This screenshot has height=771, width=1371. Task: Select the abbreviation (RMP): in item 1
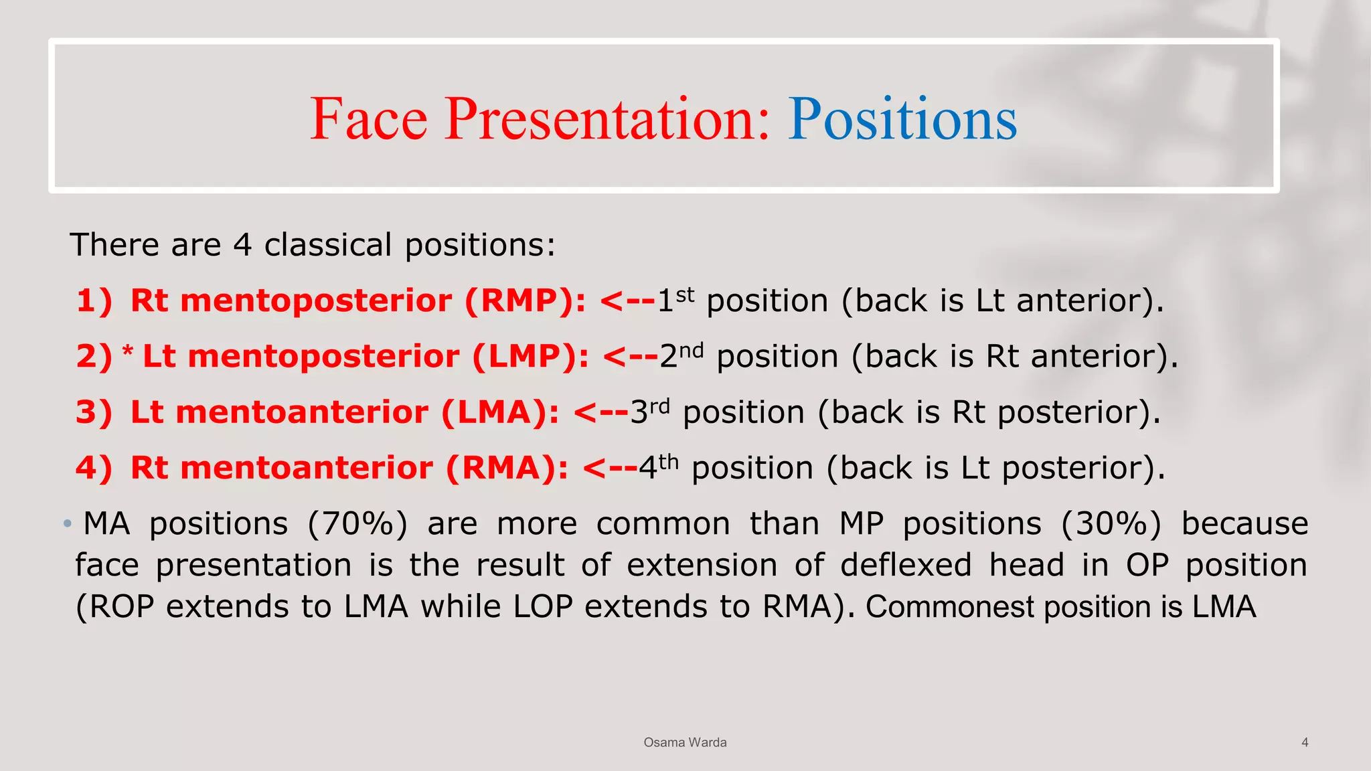point(526,301)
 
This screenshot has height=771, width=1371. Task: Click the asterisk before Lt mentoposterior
point(128,352)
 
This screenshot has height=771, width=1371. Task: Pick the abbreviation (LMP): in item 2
point(531,356)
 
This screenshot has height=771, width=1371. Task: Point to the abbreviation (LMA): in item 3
point(499,412)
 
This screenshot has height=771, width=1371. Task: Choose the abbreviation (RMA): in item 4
point(507,468)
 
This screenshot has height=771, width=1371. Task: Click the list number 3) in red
point(94,412)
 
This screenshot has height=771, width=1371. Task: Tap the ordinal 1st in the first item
point(675,299)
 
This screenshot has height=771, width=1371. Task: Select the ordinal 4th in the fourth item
point(658,466)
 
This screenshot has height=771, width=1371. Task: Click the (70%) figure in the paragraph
point(357,524)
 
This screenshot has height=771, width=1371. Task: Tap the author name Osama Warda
point(685,742)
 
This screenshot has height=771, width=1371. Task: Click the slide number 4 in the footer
point(1305,742)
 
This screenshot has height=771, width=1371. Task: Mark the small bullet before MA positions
point(67,523)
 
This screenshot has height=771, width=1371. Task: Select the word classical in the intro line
point(328,245)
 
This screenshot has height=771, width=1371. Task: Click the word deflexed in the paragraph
point(906,566)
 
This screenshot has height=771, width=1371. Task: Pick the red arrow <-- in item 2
point(630,356)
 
